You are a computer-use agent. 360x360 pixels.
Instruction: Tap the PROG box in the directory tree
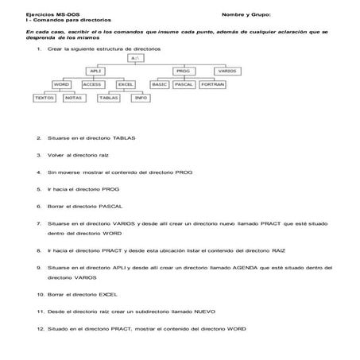[x=182, y=71]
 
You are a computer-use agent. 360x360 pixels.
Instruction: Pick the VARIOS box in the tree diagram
[x=226, y=71]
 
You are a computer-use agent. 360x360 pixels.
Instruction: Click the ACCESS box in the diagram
[x=92, y=83]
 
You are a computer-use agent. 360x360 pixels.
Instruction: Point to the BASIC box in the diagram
[x=160, y=83]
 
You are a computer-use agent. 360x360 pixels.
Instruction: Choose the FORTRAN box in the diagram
[x=211, y=83]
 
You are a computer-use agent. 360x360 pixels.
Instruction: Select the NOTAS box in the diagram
[x=74, y=98]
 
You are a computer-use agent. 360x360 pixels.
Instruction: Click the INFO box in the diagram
[x=140, y=98]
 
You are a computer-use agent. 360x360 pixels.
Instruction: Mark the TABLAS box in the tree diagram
[x=110, y=98]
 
